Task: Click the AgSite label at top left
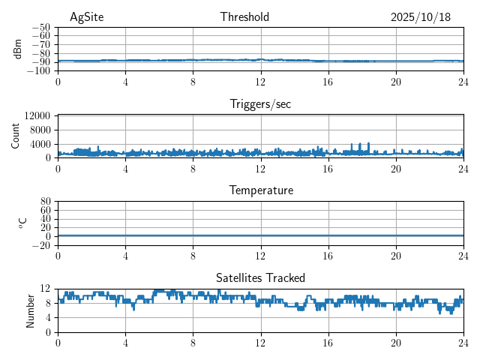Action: (x=87, y=17)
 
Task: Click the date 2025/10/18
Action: (x=421, y=17)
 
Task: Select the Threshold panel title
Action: (x=244, y=17)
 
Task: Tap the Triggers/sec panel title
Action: (x=260, y=104)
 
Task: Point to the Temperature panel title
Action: (x=260, y=190)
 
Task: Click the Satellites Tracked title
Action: (x=260, y=278)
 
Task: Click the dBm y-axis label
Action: (x=18, y=49)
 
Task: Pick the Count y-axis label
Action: (x=16, y=136)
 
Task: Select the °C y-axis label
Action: (x=22, y=223)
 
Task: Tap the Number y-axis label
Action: (x=31, y=310)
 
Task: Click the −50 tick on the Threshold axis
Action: (x=41, y=27)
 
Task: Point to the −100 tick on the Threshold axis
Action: (x=39, y=71)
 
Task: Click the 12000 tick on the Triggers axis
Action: (x=37, y=116)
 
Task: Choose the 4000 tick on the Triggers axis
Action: (x=39, y=144)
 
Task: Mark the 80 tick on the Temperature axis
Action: (x=45, y=202)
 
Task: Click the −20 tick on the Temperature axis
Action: (x=41, y=245)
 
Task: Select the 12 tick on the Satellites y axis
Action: (x=45, y=289)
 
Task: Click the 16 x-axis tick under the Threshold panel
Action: (x=328, y=82)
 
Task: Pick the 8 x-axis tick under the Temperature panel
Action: (x=193, y=256)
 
